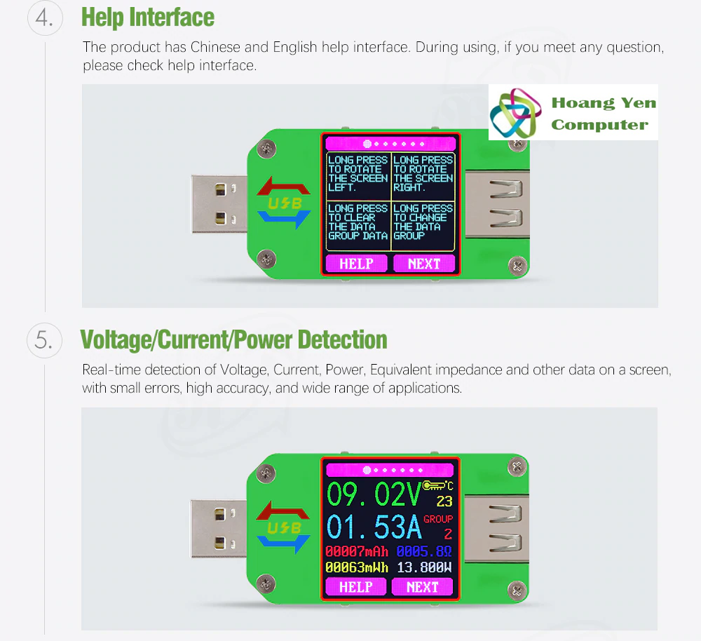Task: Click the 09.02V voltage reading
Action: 374,494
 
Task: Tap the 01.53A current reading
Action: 374,527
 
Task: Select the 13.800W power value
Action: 424,567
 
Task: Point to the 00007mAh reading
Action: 357,551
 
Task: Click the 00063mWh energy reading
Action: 357,567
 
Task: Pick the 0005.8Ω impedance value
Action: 424,551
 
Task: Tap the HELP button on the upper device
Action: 356,264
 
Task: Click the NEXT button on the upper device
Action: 424,264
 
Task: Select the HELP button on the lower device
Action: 356,587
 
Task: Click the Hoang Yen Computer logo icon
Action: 513,113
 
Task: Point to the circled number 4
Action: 45,18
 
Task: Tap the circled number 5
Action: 44,340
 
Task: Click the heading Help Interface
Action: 148,18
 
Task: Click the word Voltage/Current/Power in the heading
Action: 186,339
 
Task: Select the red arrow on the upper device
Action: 283,187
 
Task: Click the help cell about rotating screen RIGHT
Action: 423,174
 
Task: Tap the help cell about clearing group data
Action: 358,226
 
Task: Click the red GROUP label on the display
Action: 438,519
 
